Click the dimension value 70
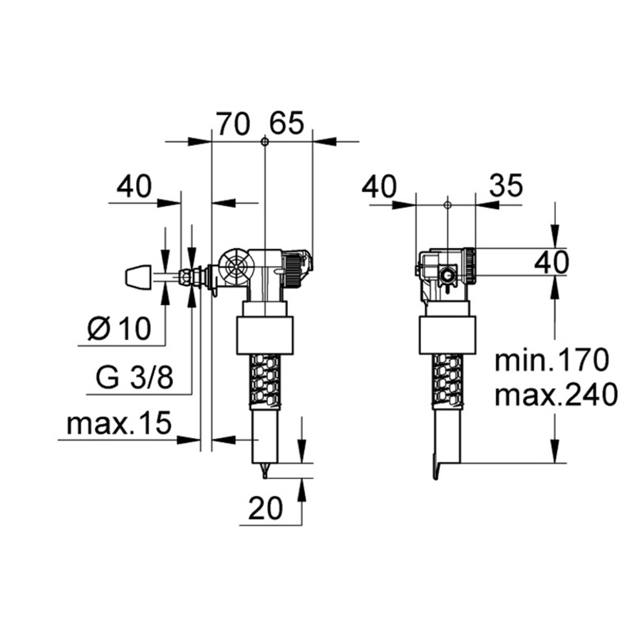click(x=233, y=125)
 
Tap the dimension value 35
click(x=505, y=185)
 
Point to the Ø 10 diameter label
click(x=119, y=330)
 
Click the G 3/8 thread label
click(x=135, y=378)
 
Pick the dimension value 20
click(x=266, y=509)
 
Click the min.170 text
click(x=552, y=361)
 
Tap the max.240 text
click(x=556, y=395)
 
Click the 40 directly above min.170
click(x=551, y=262)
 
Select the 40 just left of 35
click(x=379, y=187)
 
